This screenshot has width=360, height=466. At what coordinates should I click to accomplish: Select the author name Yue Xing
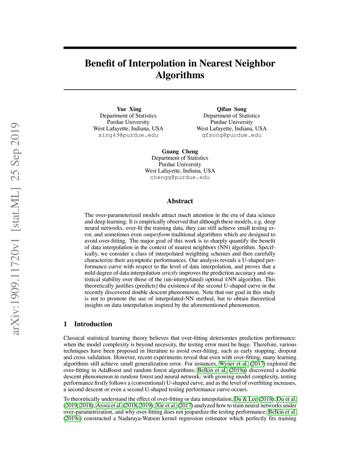click(x=129, y=109)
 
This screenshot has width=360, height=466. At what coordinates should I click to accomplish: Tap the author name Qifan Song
click(x=231, y=109)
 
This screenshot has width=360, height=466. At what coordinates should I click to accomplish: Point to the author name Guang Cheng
click(x=180, y=152)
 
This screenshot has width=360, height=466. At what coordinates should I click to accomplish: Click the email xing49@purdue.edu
click(x=128, y=135)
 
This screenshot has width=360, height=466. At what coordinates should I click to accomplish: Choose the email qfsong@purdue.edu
click(x=231, y=135)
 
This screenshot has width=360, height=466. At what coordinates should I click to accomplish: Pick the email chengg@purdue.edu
click(x=180, y=177)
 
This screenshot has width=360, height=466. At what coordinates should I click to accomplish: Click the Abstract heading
click(x=180, y=201)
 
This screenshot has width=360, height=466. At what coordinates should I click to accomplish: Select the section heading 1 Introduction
click(x=88, y=324)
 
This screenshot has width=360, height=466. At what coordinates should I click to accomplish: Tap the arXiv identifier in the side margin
click(x=15, y=229)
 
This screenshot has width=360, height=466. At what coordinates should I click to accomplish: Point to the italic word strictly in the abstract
click(x=169, y=273)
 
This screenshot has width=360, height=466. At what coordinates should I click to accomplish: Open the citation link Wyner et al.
click(x=233, y=364)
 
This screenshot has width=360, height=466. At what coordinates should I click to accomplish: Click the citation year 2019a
click(x=238, y=370)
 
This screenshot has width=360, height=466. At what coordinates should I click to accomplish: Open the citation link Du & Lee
click(x=246, y=399)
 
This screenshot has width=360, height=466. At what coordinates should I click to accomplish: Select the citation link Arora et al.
click(x=109, y=406)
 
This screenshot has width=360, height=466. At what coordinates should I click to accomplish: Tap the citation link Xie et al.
click(x=166, y=406)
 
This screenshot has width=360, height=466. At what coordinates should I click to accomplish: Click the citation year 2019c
click(x=72, y=419)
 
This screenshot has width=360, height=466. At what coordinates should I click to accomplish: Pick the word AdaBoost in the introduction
click(x=110, y=370)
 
